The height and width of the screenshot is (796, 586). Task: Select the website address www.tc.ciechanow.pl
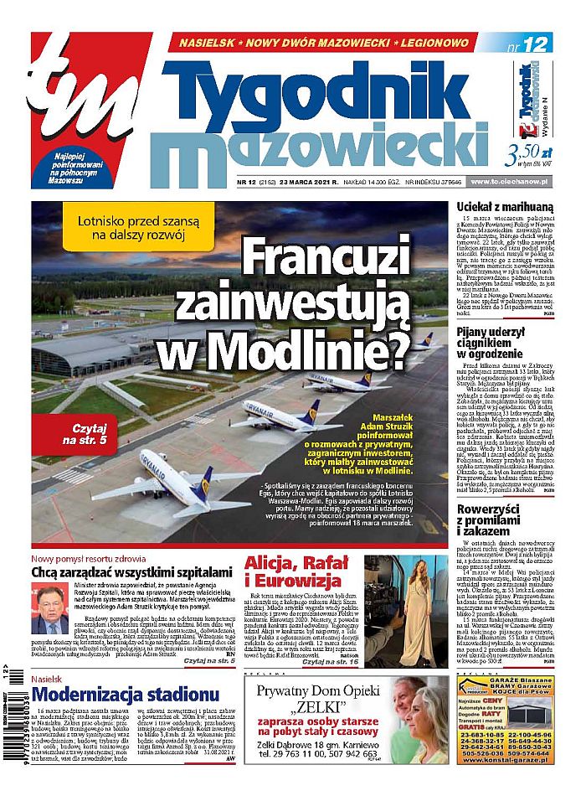[508, 182]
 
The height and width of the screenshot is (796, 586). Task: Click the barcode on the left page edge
[13, 737]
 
